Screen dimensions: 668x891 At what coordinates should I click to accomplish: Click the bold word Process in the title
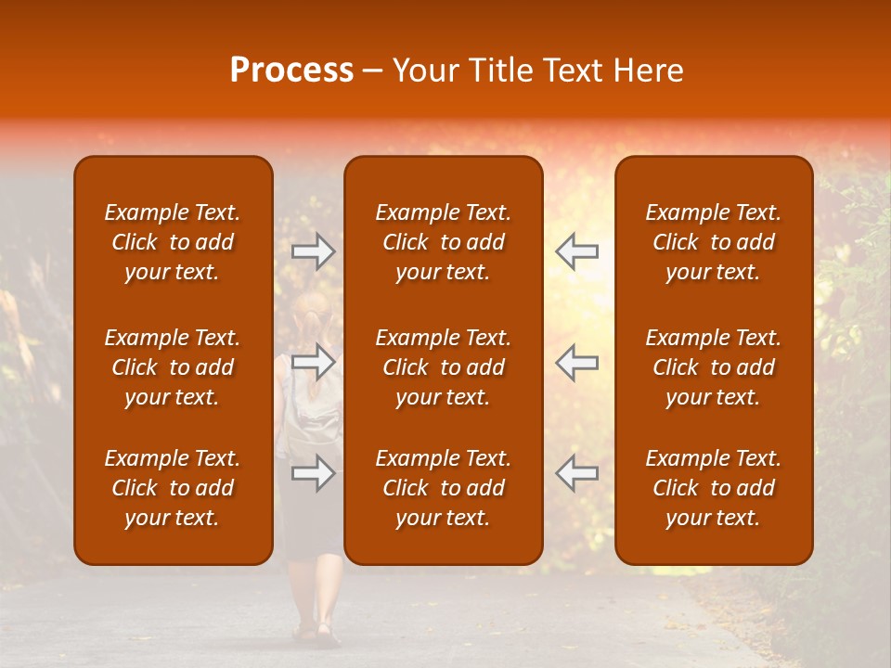click(x=291, y=71)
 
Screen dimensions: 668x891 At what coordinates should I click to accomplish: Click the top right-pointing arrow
click(x=314, y=251)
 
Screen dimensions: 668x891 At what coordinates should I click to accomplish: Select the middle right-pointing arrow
click(x=314, y=362)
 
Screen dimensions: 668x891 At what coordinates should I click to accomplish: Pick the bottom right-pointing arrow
click(x=314, y=473)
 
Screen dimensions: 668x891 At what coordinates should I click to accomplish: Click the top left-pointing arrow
click(x=576, y=251)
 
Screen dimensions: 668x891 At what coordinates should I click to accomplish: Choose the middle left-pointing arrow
click(x=576, y=362)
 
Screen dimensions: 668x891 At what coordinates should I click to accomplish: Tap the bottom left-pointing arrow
click(x=576, y=473)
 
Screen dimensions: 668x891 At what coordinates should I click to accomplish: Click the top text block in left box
click(x=173, y=242)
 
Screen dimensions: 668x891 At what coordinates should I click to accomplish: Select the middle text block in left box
click(x=173, y=367)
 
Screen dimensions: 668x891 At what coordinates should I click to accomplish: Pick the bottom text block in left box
click(x=173, y=488)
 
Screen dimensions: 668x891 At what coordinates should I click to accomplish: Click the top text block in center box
click(x=443, y=242)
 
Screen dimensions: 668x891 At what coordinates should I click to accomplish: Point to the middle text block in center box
click(x=443, y=367)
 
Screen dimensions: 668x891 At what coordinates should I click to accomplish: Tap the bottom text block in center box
click(x=443, y=488)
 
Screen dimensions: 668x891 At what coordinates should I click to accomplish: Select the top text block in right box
click(x=713, y=242)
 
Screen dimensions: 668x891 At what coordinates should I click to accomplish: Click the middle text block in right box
click(x=713, y=367)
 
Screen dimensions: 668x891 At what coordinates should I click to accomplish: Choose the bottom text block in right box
click(x=713, y=488)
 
